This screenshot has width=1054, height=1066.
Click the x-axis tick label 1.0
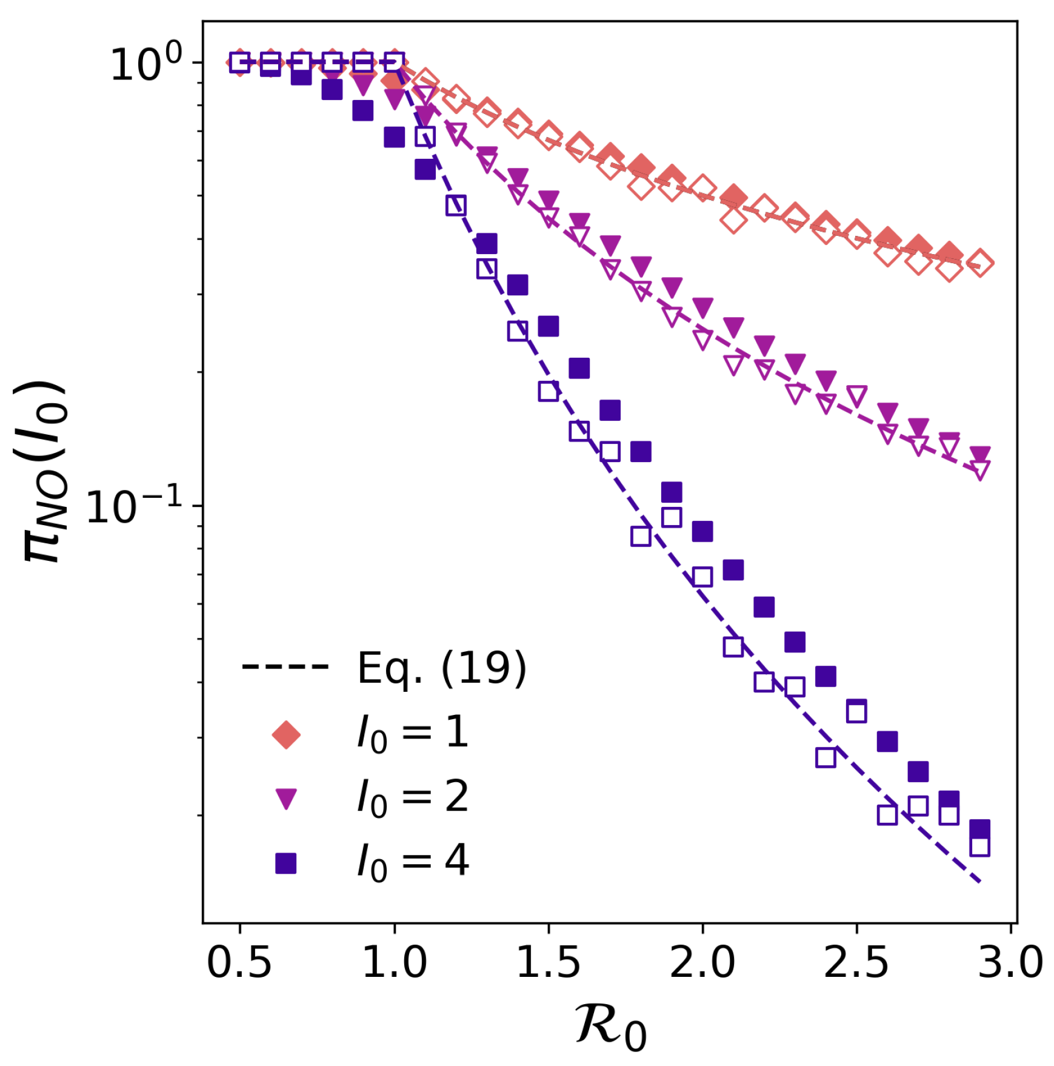click(394, 962)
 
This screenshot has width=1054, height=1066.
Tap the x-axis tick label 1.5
click(548, 962)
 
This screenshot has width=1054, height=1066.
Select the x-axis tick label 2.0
click(702, 962)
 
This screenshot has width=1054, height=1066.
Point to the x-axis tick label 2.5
click(856, 962)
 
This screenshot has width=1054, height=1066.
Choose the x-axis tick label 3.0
click(1010, 962)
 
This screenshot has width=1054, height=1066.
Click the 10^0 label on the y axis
click(145, 63)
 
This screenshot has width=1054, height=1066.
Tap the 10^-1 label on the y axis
click(135, 506)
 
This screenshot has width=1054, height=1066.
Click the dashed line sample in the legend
click(285, 667)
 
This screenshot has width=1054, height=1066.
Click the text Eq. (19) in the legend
click(441, 668)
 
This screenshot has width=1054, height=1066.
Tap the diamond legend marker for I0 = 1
click(286, 734)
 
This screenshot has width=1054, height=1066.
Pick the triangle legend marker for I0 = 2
click(286, 798)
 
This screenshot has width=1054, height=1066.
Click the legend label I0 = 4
click(412, 861)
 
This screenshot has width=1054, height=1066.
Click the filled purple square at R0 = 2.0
click(702, 531)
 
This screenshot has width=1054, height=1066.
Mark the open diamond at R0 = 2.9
click(979, 263)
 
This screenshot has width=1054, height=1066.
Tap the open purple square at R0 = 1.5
click(548, 391)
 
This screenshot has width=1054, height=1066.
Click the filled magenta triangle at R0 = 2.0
click(702, 307)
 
